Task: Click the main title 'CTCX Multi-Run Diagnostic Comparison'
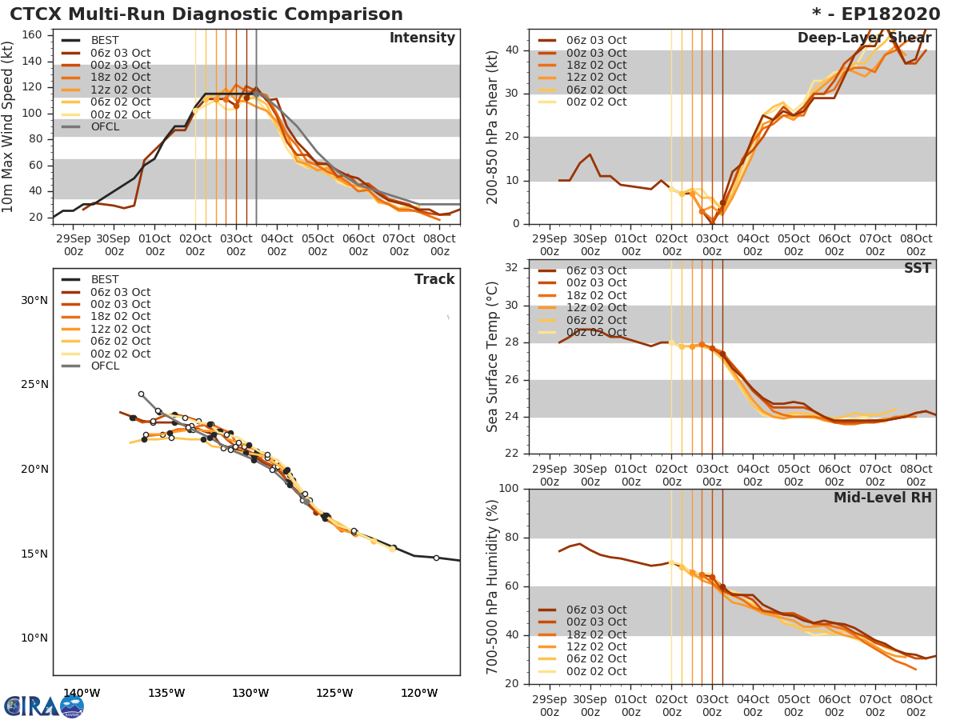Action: pos(206,14)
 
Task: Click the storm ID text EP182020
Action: pos(887,14)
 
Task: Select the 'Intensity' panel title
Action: pos(422,38)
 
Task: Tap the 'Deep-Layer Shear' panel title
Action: pos(864,38)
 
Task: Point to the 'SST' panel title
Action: pos(917,268)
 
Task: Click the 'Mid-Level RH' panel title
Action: pos(882,498)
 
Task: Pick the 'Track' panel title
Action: pos(434,279)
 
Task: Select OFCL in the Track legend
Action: pos(106,366)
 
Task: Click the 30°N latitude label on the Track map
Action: pos(34,301)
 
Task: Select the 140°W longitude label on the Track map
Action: pos(82,694)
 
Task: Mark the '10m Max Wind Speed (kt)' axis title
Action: pos(9,127)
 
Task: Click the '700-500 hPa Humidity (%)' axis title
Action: pos(493,586)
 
